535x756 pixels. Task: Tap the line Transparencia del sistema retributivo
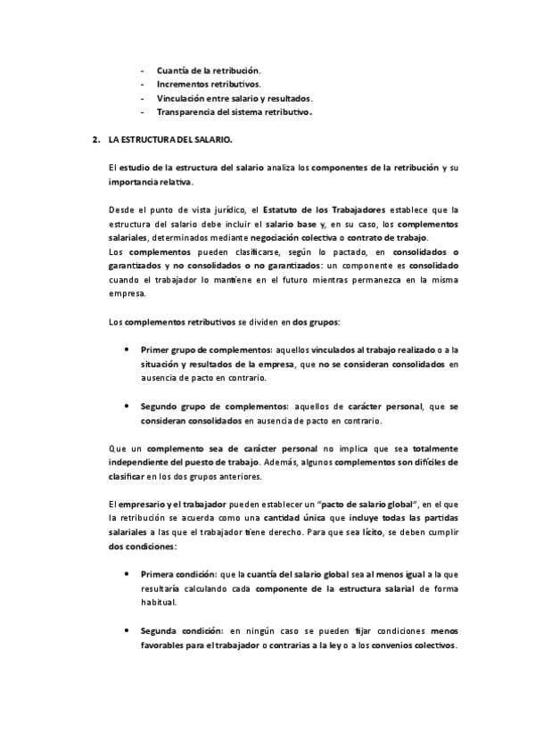coord(235,113)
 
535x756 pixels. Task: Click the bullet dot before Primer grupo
coord(130,350)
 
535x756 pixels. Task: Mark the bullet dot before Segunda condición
coord(130,630)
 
